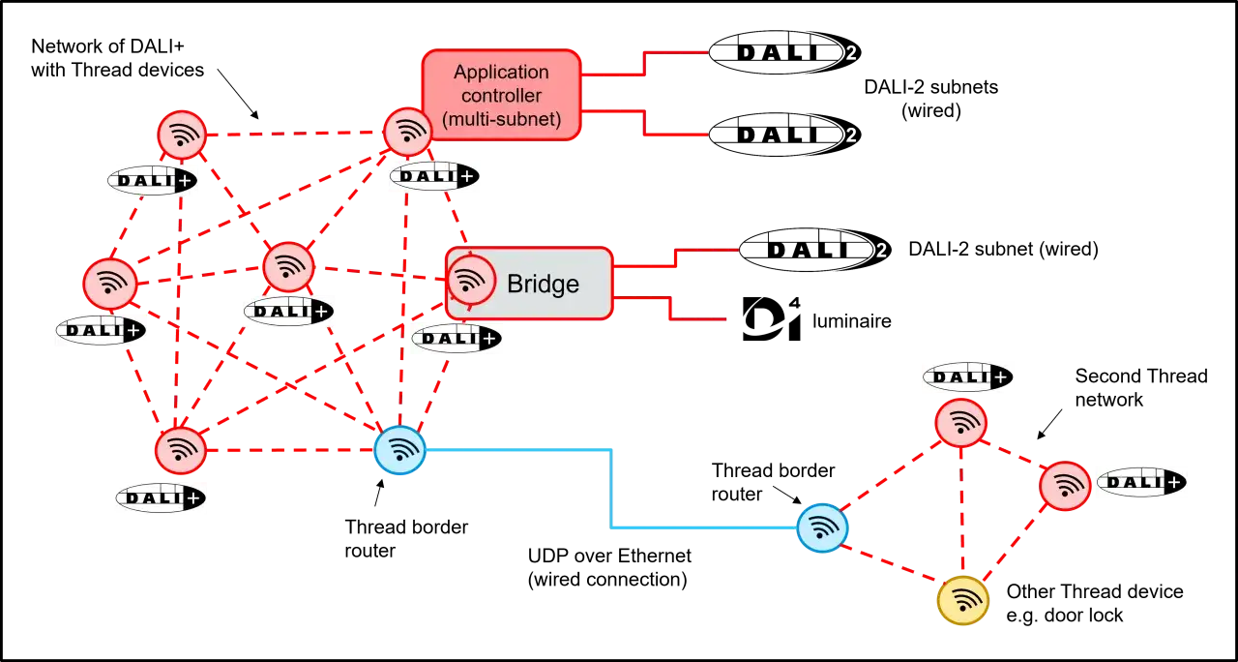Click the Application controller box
click(502, 95)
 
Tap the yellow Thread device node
click(962, 601)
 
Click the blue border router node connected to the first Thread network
click(399, 450)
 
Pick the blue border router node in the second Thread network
click(822, 528)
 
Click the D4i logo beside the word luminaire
click(772, 318)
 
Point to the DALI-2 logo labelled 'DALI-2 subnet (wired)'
click(814, 250)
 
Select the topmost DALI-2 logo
click(784, 52)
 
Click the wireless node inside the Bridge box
click(471, 281)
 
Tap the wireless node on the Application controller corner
click(408, 133)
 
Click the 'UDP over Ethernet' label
click(609, 556)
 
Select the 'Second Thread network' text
click(1140, 388)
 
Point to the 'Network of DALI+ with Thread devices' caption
click(117, 58)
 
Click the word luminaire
click(852, 320)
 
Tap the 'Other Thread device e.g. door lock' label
click(1094, 603)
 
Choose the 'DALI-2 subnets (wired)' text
click(931, 99)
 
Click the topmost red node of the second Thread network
click(961, 423)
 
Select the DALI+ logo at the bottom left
click(161, 497)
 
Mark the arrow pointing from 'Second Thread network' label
click(1049, 424)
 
